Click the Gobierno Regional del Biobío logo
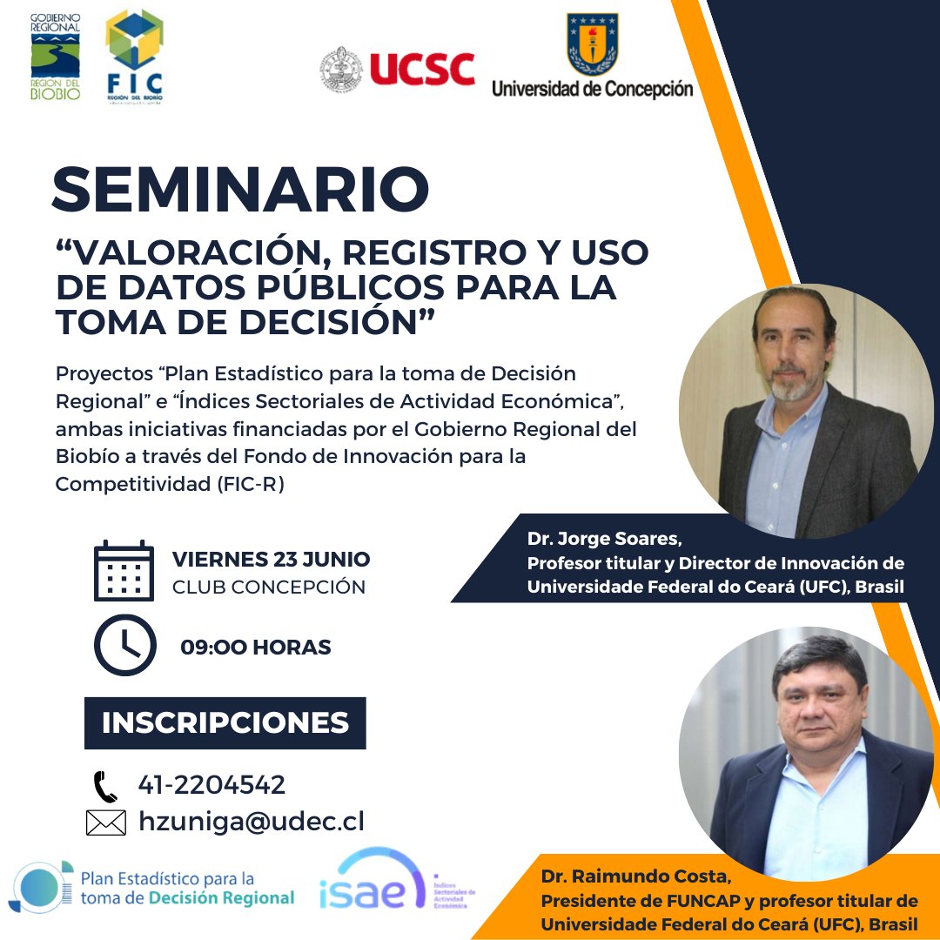[x=56, y=57]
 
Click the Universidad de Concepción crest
[x=592, y=44]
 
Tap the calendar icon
[x=124, y=571]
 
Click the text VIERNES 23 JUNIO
[x=271, y=559]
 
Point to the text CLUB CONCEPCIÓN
[x=269, y=587]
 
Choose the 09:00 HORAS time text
[x=256, y=648]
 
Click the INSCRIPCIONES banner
[x=225, y=723]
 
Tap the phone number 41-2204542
[x=211, y=785]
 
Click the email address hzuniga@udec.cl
[x=251, y=822]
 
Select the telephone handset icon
[x=105, y=786]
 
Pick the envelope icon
[x=106, y=822]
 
